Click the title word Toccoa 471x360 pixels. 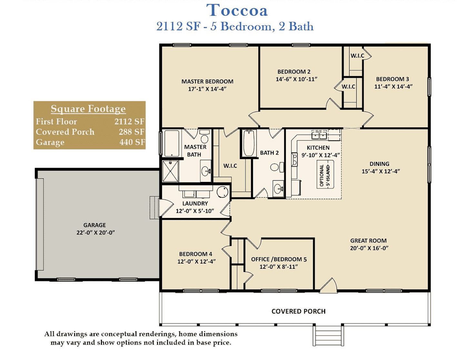pos(237,10)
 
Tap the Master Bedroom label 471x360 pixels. pos(207,82)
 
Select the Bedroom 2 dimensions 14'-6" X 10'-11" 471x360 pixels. pos(296,79)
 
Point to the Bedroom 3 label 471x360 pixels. pos(393,79)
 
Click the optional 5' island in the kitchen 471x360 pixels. pos(325,174)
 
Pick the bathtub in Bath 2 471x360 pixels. pos(249,143)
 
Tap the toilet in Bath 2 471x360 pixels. pos(277,167)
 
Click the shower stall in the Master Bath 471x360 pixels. pos(170,171)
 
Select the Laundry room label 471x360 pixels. pos(195,203)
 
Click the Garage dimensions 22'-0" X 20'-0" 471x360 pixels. pos(96,233)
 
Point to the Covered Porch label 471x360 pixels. pos(298,311)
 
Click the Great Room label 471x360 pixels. pos(368,241)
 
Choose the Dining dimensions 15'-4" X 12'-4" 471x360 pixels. pos(381,171)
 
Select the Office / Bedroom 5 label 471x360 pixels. pos(279,259)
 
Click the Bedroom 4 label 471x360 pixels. pos(195,254)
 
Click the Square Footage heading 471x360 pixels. pos(88,109)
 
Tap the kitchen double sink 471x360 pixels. pos(319,135)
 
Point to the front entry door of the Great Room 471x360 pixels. pos(328,285)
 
